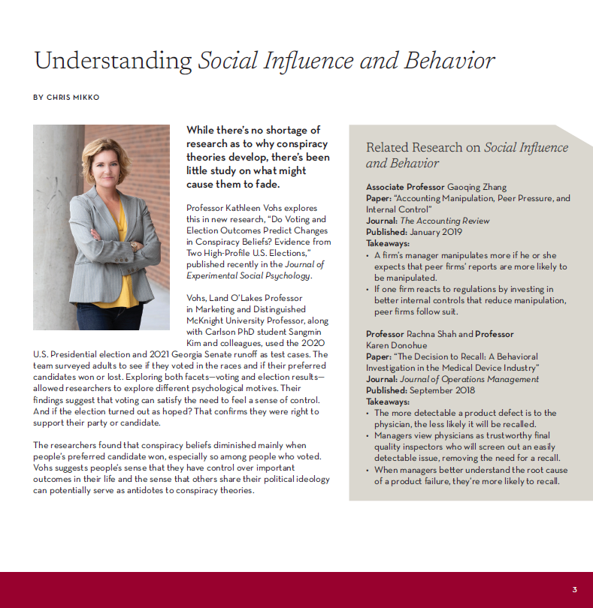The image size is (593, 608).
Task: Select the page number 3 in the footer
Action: point(574,589)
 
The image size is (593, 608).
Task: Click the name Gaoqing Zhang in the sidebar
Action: point(477,187)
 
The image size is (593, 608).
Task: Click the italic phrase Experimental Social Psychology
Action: point(247,275)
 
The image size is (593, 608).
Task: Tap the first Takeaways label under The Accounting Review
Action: point(388,243)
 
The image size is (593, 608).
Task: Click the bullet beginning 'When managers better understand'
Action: point(470,476)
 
